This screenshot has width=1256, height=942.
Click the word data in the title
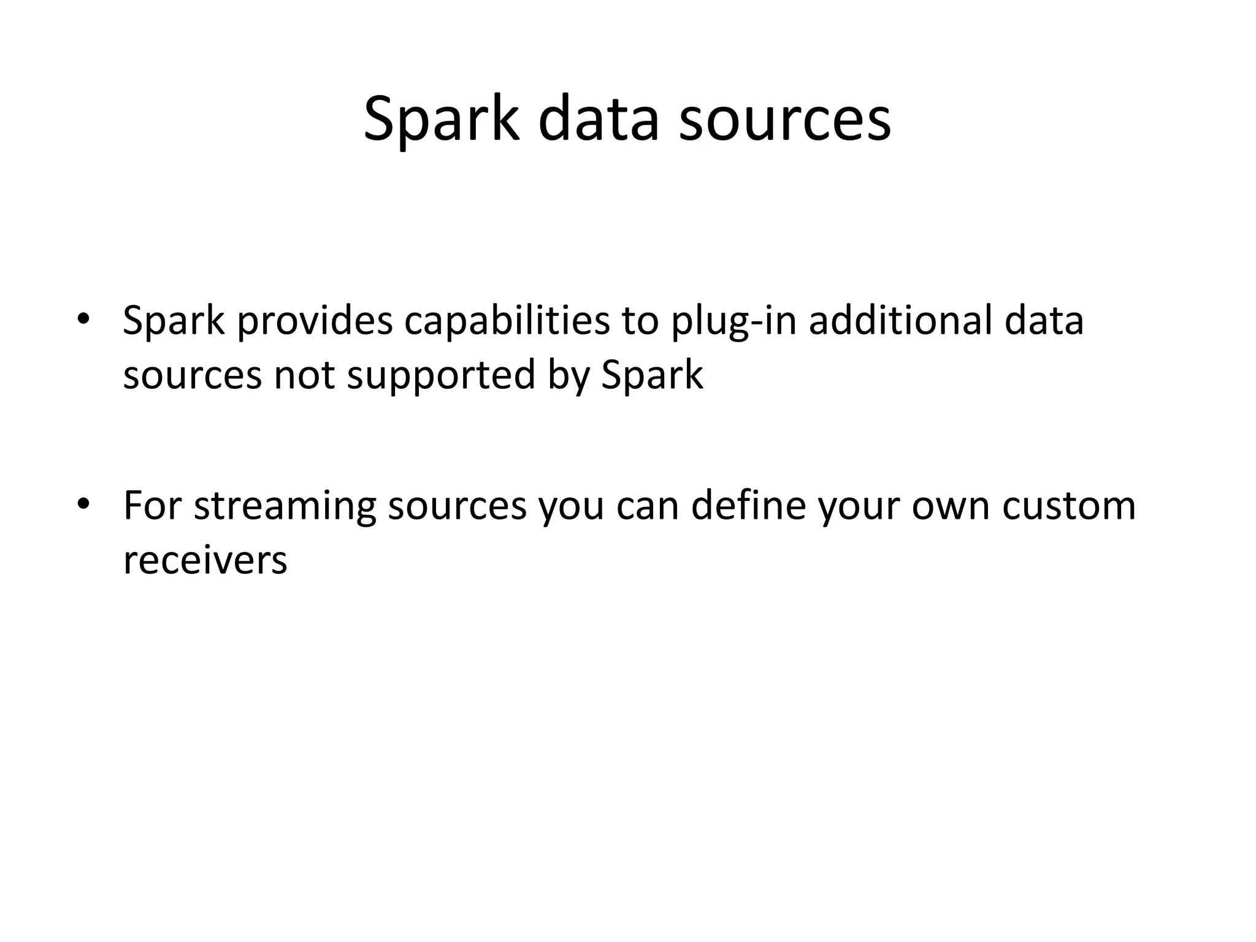tap(599, 120)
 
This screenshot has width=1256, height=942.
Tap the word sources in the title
tap(785, 120)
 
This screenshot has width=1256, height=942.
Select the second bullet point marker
tap(83, 504)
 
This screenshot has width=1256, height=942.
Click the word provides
tap(315, 321)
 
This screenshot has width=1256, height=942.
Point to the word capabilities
tap(507, 321)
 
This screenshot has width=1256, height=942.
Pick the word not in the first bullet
tap(304, 375)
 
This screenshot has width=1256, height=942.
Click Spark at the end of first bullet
tap(652, 375)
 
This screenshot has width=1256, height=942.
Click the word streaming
tap(285, 507)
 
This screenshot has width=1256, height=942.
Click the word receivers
tap(205, 560)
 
